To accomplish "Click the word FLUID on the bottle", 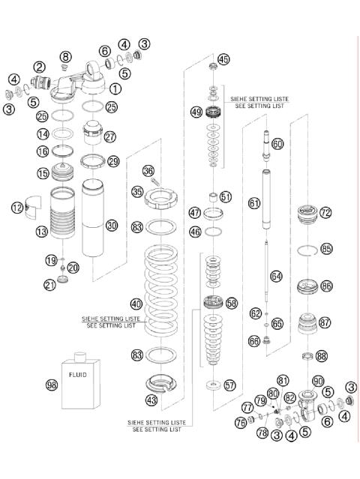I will point(78,373).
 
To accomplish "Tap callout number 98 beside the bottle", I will point(52,385).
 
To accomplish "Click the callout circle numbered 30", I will point(112,224).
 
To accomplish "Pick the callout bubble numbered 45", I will point(223,59).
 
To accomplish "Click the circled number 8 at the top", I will point(65,57).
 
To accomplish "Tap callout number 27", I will point(110,137).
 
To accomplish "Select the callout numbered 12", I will point(18,208).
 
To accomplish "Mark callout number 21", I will point(49,284).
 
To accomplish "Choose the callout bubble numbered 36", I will point(148,172).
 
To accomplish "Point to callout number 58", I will point(231,303).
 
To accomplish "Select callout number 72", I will point(325,213).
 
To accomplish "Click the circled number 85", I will point(325,248).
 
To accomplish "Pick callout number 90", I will point(318,381).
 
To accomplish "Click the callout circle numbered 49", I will point(196,112).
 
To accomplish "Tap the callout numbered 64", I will point(276,277).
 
